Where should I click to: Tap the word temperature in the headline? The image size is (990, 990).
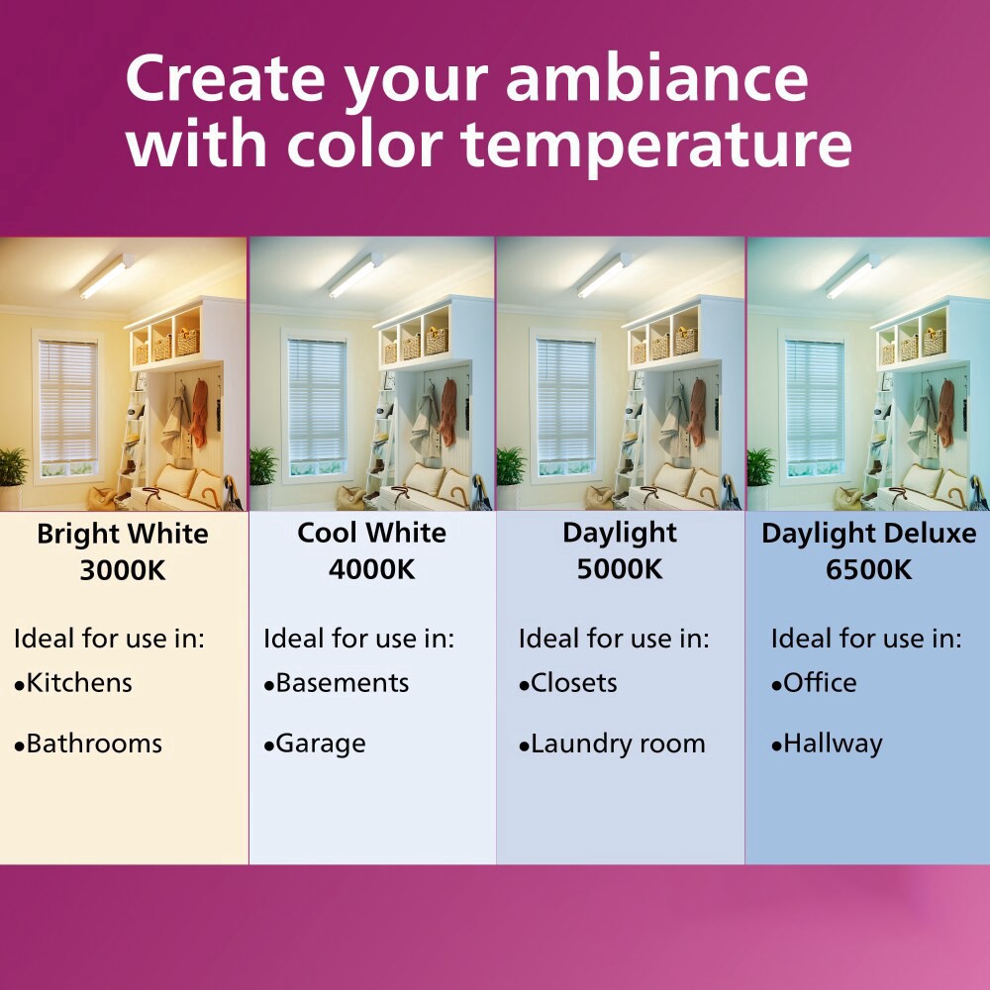point(656,144)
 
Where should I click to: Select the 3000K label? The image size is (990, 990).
point(123,571)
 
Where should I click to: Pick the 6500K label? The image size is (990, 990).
point(868,571)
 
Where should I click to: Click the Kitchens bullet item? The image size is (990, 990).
point(78,683)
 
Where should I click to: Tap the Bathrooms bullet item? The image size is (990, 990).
point(93,743)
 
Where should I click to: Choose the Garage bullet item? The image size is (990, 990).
point(320,743)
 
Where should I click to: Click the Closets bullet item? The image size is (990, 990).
point(573,683)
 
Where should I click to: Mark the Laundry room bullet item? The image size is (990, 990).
point(618,743)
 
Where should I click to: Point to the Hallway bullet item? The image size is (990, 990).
point(832,743)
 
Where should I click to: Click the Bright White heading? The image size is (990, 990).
point(123,535)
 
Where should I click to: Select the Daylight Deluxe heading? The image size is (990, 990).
point(868,535)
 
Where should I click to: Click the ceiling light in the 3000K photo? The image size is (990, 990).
point(104,277)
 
